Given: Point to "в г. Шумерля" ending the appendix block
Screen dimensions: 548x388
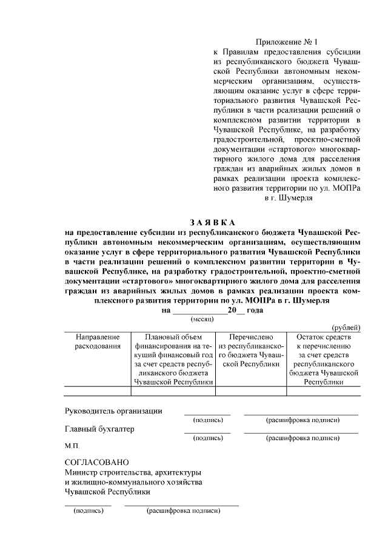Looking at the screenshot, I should click(288, 197).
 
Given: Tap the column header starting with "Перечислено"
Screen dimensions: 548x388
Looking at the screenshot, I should click(250, 350).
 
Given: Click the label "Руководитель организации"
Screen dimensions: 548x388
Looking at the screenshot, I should click(113, 411).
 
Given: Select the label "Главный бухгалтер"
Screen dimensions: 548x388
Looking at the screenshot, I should click(99, 429).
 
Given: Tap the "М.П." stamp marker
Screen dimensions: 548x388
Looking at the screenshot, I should click(72, 446).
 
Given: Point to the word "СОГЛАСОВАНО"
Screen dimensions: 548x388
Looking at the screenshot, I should click(96, 463).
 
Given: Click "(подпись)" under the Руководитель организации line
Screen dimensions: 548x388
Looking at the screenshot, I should click(207, 420).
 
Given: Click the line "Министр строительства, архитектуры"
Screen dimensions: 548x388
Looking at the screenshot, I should click(133, 472).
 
